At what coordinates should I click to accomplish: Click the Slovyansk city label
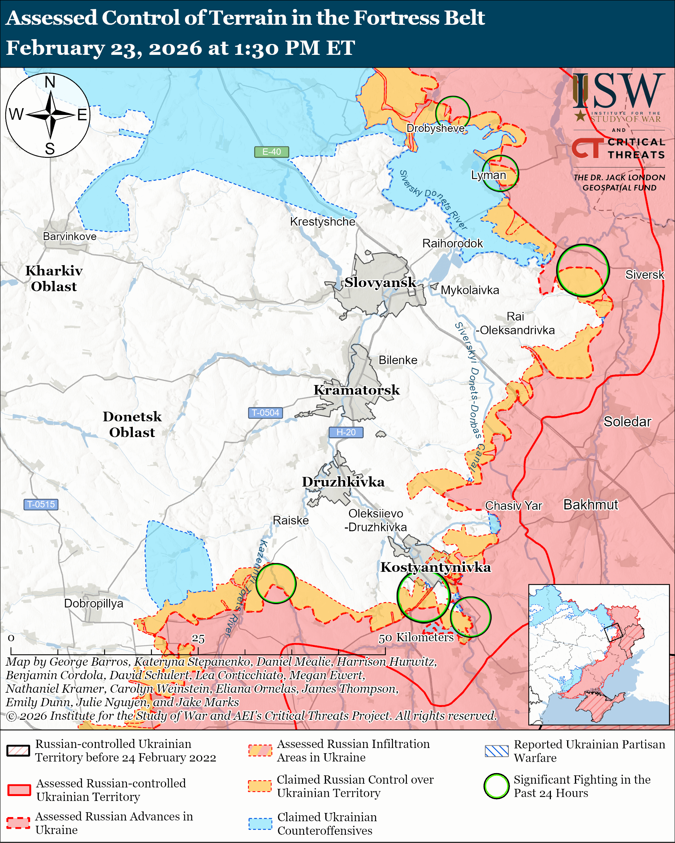380,282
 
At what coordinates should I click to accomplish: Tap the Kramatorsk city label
356,390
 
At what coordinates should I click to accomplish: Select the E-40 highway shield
272,152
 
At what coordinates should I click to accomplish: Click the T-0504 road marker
265,413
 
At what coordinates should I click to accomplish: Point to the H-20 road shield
346,432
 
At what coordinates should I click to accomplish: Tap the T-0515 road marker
41,505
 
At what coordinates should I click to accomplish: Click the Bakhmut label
590,505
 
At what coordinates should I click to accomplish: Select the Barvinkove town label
70,237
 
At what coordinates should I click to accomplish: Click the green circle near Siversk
582,270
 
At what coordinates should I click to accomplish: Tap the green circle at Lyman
500,173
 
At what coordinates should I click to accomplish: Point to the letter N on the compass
50,83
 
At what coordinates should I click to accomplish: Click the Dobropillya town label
94,603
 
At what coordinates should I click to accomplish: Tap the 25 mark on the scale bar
198,639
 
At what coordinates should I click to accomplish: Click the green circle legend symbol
496,786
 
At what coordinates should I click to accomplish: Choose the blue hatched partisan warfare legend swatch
496,751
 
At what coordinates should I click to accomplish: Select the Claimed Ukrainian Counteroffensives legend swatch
260,823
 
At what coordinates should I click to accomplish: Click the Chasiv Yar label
513,506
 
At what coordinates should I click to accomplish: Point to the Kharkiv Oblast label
54,278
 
